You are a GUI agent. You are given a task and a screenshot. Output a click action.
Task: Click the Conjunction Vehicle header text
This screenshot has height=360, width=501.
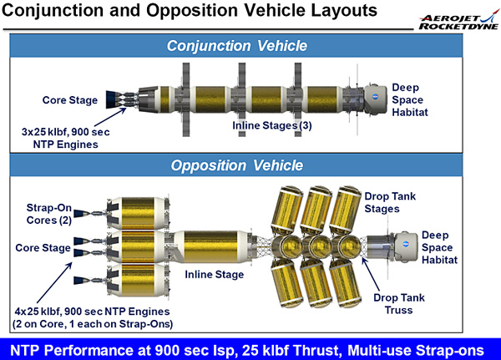[x=237, y=46]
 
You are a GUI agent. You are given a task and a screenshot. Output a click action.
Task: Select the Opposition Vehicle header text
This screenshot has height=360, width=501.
[x=237, y=165]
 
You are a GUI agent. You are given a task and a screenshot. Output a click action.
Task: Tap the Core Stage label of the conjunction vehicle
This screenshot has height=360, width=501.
[x=70, y=100]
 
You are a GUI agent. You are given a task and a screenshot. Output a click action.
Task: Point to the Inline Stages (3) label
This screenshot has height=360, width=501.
[x=272, y=125]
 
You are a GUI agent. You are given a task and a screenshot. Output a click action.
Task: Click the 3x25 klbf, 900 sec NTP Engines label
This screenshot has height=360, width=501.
[x=65, y=138]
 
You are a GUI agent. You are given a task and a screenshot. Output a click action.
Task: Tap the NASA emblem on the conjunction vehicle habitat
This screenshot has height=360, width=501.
[x=376, y=96]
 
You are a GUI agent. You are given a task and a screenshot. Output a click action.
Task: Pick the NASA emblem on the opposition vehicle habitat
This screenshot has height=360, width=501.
[x=406, y=245]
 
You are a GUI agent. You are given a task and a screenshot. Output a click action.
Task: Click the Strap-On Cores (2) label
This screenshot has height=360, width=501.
[x=49, y=214]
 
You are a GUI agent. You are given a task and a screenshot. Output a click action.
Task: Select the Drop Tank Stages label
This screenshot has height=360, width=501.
[x=390, y=202]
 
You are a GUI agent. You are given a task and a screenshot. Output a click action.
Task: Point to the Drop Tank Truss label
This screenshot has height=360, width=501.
[x=399, y=304]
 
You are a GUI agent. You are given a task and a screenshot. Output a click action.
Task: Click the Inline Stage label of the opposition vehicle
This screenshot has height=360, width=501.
[x=214, y=274]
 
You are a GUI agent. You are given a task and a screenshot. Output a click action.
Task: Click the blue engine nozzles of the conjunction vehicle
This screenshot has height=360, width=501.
[x=113, y=99]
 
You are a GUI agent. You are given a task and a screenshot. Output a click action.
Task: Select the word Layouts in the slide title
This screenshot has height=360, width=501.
[x=344, y=10]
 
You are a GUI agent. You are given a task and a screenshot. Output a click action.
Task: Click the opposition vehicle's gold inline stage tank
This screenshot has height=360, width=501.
[x=211, y=246]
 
